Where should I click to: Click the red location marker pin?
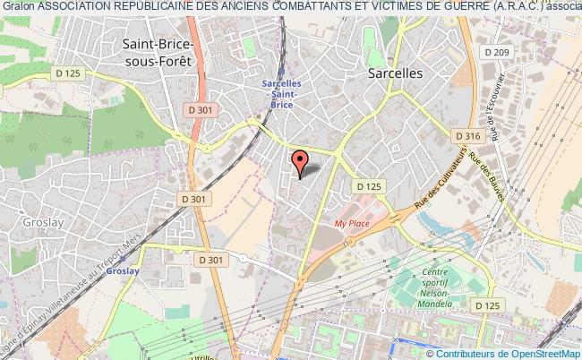pos(300,162)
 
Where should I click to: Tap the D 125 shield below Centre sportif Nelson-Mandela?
pos(489,307)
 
